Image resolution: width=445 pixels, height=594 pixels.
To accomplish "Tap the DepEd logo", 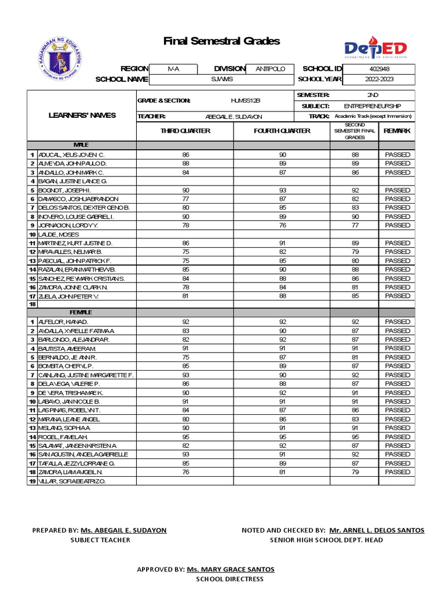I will pyautogui.click(x=375, y=50).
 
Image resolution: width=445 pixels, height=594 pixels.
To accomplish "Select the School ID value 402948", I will pyautogui.click(x=379, y=68).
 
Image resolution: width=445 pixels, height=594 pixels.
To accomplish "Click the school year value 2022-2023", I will pyautogui.click(x=379, y=79).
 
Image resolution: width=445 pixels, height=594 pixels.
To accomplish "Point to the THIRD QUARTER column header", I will pyautogui.click(x=185, y=131).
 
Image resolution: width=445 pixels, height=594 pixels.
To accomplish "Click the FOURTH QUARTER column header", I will pyautogui.click(x=282, y=131).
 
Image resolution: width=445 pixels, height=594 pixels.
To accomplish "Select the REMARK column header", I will pyautogui.click(x=397, y=131).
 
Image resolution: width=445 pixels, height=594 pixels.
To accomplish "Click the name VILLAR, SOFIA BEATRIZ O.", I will pyautogui.click(x=72, y=481).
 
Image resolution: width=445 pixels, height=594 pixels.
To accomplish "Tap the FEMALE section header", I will pyautogui.click(x=81, y=313).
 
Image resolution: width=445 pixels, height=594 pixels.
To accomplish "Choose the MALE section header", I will pyautogui.click(x=81, y=144).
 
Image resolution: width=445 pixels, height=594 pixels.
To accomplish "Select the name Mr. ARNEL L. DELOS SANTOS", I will pyautogui.click(x=377, y=530).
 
